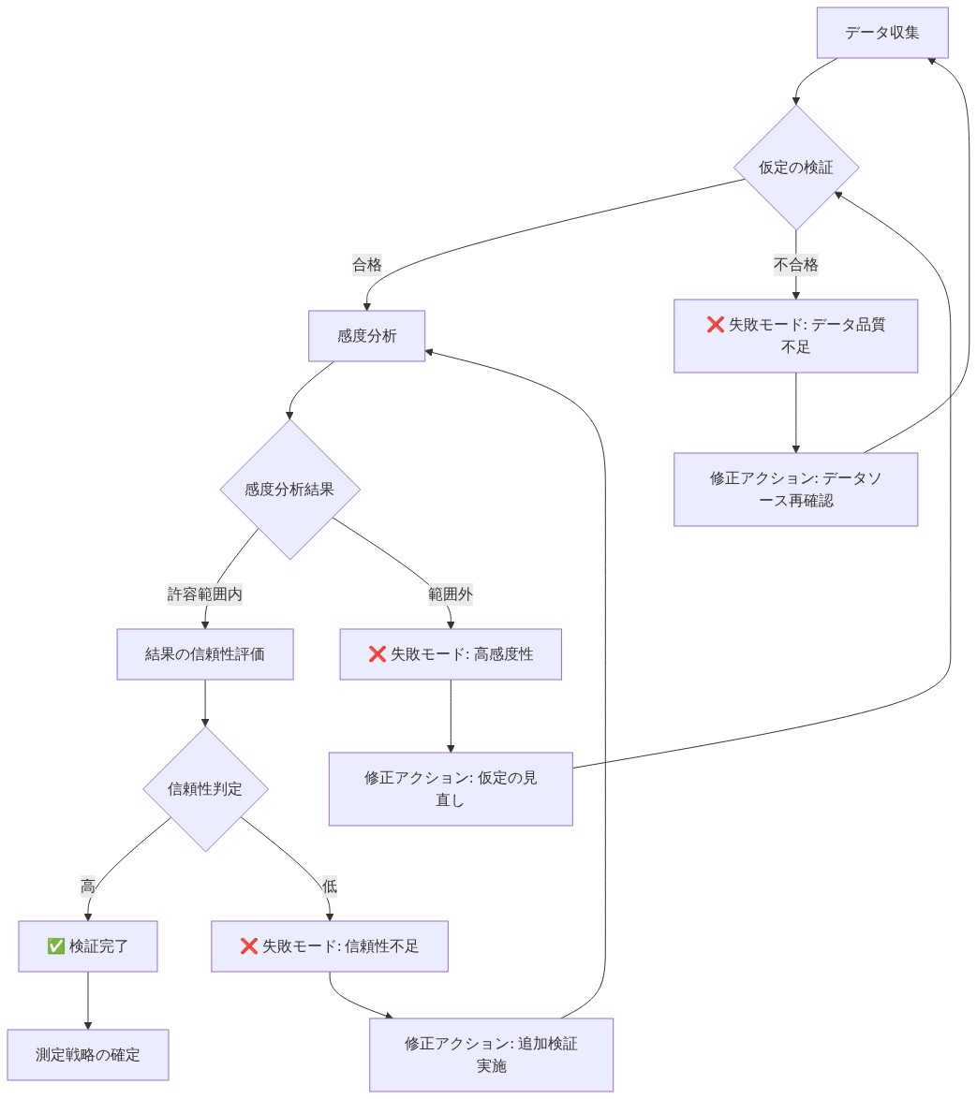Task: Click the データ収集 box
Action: pos(881,33)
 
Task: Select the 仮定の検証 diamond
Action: pos(796,168)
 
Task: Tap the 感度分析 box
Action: pos(367,336)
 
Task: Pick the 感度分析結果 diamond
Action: pos(289,490)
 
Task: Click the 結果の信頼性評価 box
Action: pos(205,654)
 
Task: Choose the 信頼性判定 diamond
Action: pos(205,788)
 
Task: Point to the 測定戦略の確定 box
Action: pos(88,1054)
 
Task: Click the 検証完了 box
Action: pos(88,946)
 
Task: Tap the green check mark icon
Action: pos(56,946)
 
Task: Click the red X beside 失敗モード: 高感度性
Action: pos(377,654)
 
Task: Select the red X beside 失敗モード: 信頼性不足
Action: pos(249,946)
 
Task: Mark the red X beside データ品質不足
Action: pos(716,325)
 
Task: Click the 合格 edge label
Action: pos(367,265)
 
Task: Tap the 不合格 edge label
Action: pos(796,265)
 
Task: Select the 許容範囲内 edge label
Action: pos(205,594)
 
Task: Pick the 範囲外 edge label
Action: pos(451,594)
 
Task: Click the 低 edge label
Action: pos(330,886)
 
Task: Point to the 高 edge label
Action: pos(88,886)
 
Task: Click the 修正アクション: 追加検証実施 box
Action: pos(491,1054)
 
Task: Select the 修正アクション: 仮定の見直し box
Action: pos(451,788)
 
